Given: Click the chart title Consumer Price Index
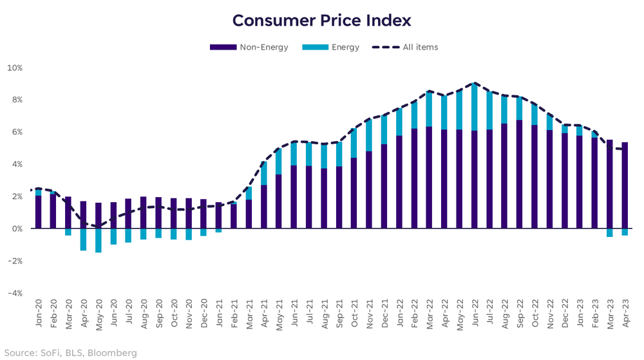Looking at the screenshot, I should [x=321, y=21].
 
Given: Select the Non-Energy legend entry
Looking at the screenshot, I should [x=264, y=47].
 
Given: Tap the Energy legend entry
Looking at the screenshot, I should [x=346, y=47].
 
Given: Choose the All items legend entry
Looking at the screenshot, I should [x=420, y=47].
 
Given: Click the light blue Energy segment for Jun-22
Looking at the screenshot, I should [x=475, y=107].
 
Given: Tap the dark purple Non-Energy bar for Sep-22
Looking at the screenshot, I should [x=520, y=174].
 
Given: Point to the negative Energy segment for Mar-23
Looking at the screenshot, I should [x=610, y=232].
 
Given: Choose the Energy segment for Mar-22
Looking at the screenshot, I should [x=430, y=109].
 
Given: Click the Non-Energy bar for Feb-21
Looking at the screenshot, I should [x=234, y=216].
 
